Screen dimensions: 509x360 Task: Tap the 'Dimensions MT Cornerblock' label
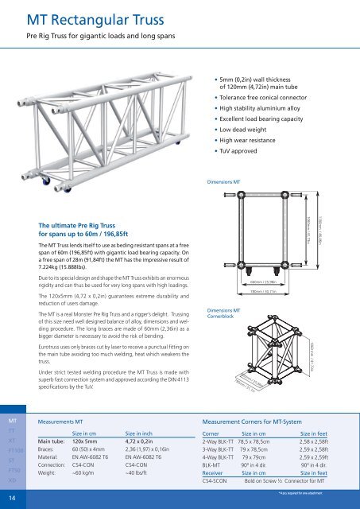(223, 314)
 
